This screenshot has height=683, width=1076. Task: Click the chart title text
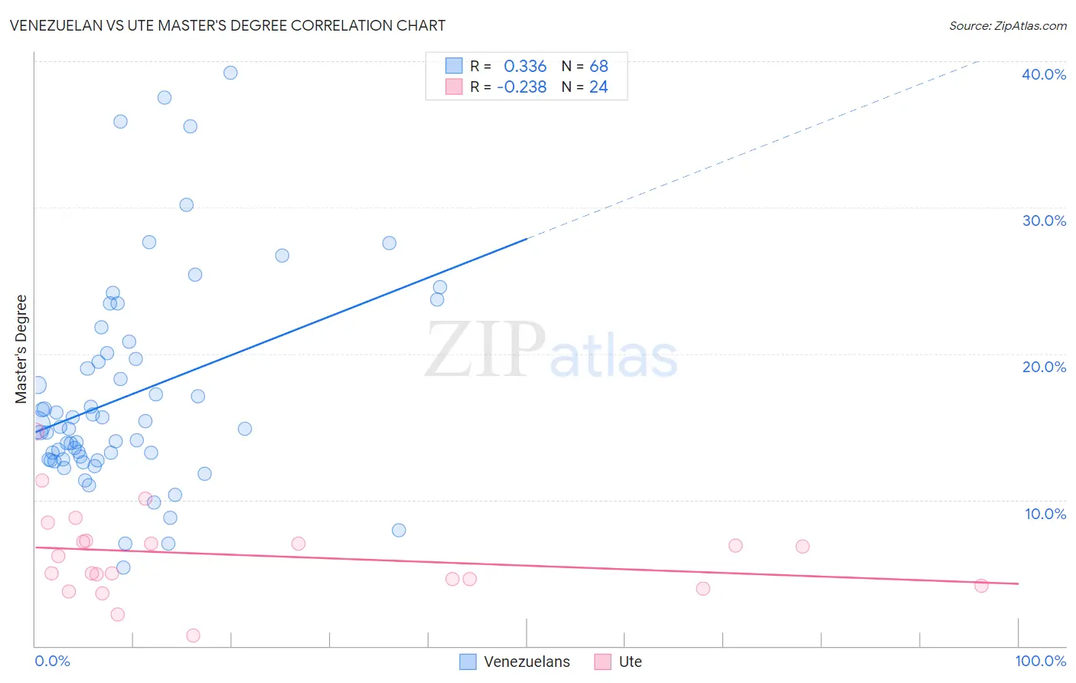pos(227,25)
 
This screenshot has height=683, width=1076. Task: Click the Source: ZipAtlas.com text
pos(1007,26)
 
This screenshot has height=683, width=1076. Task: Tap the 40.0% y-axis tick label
pos(1043,74)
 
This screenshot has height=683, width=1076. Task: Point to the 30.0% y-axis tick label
pos(1043,221)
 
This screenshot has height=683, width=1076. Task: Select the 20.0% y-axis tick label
pos(1043,367)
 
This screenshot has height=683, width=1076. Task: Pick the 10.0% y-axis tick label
pos(1045,514)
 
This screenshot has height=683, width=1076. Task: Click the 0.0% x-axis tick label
pos(52,661)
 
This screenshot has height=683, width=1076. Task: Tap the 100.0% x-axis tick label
pos(1040,661)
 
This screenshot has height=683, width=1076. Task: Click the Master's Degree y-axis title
pos(21,349)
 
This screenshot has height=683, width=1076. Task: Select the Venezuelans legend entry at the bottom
pos(527,662)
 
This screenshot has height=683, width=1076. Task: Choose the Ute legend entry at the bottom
pos(630,662)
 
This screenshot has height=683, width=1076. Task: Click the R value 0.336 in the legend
pos(525,67)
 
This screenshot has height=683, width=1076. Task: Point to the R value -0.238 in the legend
pos(522,87)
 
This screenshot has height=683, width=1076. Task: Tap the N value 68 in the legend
pos(598,67)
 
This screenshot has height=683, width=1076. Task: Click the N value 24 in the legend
pos(598,87)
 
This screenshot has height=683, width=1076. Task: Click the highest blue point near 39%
pos(230,73)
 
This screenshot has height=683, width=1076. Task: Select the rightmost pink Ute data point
pos(981,586)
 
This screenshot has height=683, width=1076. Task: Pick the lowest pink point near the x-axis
pos(193,636)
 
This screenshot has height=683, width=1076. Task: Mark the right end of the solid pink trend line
pos(1018,583)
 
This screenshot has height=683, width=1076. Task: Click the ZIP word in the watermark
pos(485,350)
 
